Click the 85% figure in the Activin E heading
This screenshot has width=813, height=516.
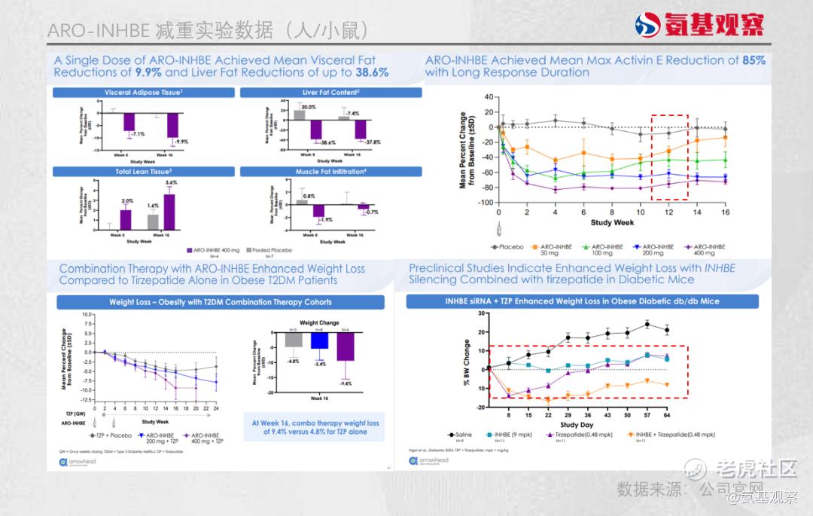tap(753, 60)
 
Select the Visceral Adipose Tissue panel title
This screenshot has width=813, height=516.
tap(143, 93)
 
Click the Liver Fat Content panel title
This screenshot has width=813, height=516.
tap(330, 93)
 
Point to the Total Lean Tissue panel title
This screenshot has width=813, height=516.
tap(143, 172)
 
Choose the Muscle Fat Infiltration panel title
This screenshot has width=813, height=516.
tap(330, 172)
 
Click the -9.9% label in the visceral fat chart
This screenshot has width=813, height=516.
tap(181, 142)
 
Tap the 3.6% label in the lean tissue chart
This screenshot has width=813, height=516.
tap(171, 183)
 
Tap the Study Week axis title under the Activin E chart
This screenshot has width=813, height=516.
tap(612, 223)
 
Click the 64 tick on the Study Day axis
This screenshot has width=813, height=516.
tap(666, 414)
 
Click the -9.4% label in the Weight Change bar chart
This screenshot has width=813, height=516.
tap(346, 384)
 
